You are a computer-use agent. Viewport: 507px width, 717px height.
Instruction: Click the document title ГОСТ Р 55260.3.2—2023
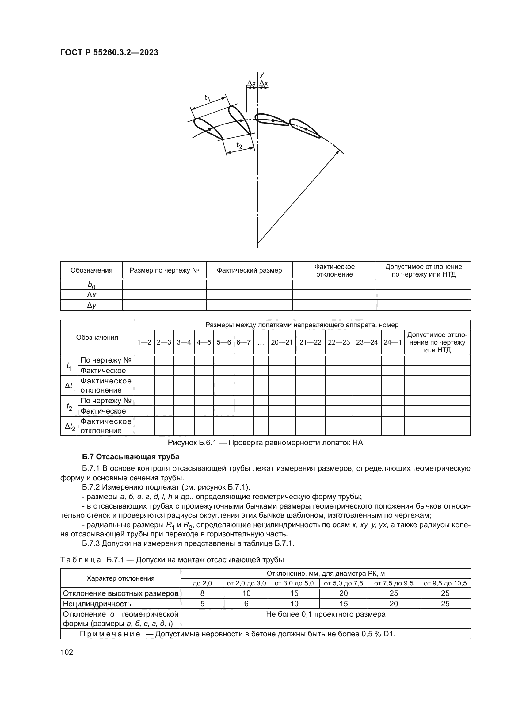[109, 52]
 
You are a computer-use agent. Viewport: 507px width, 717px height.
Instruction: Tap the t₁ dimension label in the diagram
[208, 98]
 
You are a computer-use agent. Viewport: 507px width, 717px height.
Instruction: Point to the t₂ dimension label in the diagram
[239, 145]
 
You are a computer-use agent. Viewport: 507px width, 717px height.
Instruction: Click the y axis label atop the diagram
[262, 74]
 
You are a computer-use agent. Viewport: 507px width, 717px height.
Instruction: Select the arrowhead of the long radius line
[338, 152]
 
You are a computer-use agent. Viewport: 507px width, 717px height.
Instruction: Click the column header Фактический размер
[249, 270]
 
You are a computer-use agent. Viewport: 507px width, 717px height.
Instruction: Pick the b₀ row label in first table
[91, 284]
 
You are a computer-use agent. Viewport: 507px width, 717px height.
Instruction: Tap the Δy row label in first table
[91, 305]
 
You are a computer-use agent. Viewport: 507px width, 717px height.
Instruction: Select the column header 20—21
[282, 342]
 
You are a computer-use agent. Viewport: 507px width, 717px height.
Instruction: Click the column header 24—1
[392, 342]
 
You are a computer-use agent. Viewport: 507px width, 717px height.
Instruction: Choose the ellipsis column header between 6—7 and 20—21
[261, 342]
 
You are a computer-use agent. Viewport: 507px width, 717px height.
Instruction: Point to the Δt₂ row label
[70, 426]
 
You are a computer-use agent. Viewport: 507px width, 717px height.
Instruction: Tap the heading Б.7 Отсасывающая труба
[131, 457]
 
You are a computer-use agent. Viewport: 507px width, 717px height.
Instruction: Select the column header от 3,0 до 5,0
[294, 583]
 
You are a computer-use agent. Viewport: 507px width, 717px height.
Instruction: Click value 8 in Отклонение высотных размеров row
[202, 593]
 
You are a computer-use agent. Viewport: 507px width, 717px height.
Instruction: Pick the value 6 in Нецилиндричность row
[246, 604]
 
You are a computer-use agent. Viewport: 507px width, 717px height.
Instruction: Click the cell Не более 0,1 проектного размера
[325, 614]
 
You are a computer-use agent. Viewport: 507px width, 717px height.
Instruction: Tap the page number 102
[67, 652]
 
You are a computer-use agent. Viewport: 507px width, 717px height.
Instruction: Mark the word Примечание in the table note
[110, 634]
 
